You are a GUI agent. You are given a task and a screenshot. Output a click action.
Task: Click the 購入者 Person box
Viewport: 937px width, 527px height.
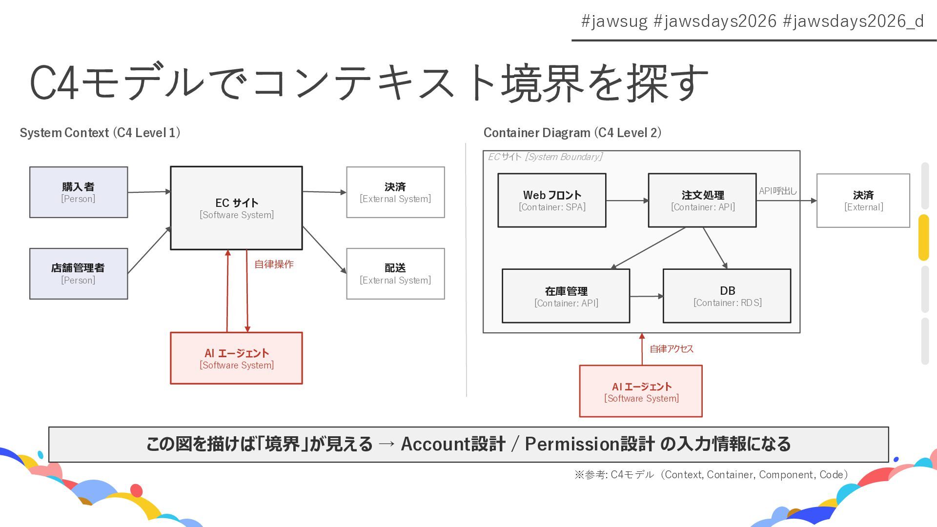pyautogui.click(x=79, y=192)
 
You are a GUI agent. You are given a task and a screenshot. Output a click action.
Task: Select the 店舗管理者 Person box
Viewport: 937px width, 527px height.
pyautogui.click(x=79, y=274)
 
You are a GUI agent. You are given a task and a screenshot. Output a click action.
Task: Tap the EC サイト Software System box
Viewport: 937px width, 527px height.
pyautogui.click(x=236, y=208)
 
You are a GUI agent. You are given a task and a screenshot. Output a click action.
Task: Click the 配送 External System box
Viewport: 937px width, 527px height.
pyautogui.click(x=395, y=274)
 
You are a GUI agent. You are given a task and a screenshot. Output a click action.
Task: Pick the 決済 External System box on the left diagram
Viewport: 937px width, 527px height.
pyautogui.click(x=395, y=192)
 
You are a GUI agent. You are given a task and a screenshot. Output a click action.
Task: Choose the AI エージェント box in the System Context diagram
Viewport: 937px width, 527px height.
pyautogui.click(x=236, y=358)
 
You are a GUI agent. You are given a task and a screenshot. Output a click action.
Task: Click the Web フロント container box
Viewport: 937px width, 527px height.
pyautogui.click(x=552, y=201)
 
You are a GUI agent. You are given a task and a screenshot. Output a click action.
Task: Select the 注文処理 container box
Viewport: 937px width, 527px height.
pyautogui.click(x=702, y=201)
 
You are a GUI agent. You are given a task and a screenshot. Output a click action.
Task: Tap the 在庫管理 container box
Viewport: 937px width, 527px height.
pyautogui.click(x=566, y=296)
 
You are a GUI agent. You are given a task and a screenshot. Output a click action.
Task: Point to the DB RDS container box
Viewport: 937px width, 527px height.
pyautogui.click(x=727, y=296)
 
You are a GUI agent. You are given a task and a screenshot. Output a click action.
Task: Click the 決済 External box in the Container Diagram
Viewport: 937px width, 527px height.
pyautogui.click(x=863, y=201)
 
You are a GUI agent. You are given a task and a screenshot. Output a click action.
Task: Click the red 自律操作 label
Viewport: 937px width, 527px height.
pyautogui.click(x=274, y=264)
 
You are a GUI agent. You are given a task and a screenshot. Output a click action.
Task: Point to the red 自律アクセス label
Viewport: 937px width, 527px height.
pyautogui.click(x=672, y=349)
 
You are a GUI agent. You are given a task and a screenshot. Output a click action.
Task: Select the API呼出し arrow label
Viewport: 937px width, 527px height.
pyautogui.click(x=777, y=191)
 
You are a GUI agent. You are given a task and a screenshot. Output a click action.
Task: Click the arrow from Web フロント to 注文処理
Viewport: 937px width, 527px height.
pyautogui.click(x=627, y=201)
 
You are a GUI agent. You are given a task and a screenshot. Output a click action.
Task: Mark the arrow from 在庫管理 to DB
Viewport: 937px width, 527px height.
pyautogui.click(x=646, y=296)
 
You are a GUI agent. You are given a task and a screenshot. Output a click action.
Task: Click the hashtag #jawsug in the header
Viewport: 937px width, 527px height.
pyautogui.click(x=614, y=21)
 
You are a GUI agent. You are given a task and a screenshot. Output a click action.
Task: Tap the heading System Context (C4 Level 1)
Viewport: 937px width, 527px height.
pyautogui.click(x=100, y=133)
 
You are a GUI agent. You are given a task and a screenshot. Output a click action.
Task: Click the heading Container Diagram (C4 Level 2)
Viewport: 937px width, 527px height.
pyautogui.click(x=572, y=133)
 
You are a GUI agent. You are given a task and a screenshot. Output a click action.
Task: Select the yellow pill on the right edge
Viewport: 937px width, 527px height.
pyautogui.click(x=923, y=238)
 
